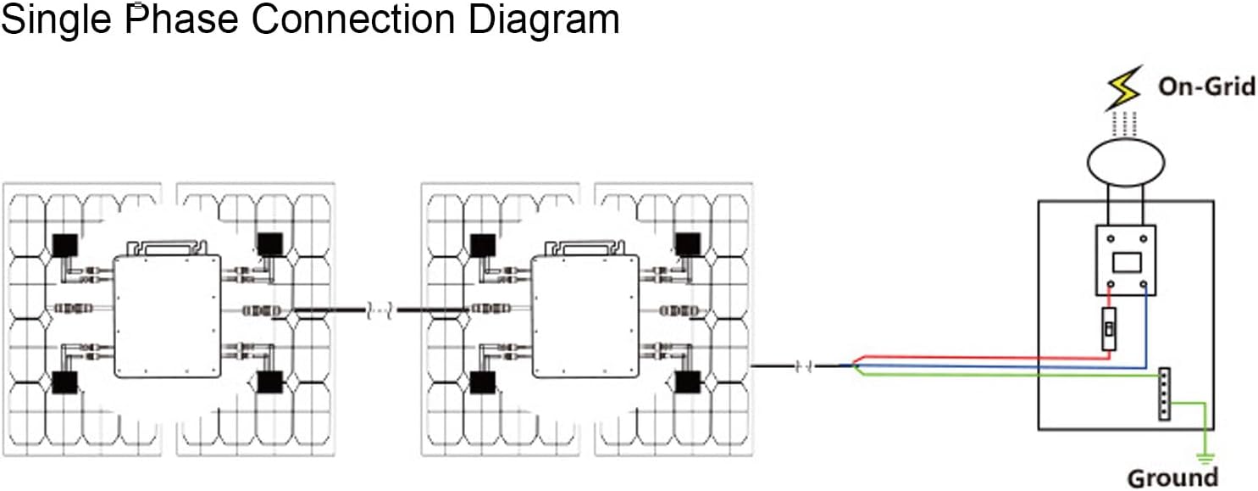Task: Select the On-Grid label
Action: coord(1206,86)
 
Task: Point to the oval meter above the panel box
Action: coord(1126,161)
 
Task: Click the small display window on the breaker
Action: coord(1127,262)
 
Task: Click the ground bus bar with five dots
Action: coord(1165,394)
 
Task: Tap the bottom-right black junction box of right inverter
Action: coord(687,382)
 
